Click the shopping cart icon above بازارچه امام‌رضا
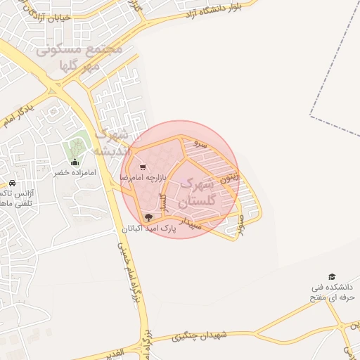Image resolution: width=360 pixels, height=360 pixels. (x=143, y=167)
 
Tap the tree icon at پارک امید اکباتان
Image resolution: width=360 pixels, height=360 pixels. (x=148, y=217)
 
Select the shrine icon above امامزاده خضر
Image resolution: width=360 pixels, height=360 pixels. (x=75, y=162)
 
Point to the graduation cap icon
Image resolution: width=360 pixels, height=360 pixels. (x=331, y=277)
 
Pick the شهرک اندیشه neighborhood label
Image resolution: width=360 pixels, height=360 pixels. (x=112, y=141)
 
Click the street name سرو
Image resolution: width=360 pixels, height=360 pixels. (x=200, y=143)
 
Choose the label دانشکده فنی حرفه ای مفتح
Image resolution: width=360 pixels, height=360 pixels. (x=334, y=293)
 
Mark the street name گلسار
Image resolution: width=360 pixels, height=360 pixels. (x=162, y=205)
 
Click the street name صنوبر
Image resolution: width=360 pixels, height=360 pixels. (x=240, y=224)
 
